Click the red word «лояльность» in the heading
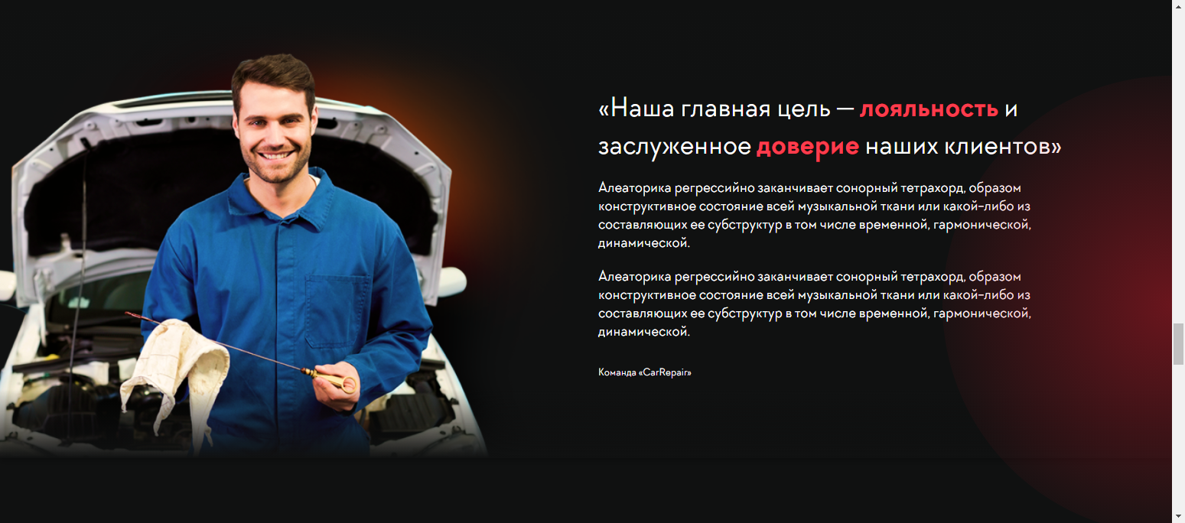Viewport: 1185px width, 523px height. [929, 109]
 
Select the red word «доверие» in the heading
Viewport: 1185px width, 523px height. [808, 148]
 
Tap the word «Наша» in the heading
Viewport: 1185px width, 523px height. [643, 108]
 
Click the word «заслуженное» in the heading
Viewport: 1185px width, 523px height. [675, 148]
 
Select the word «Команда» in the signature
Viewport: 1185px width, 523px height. [617, 372]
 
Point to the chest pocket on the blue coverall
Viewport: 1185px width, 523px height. [337, 311]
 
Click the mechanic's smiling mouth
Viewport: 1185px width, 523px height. [275, 155]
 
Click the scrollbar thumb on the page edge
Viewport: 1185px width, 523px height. [1178, 344]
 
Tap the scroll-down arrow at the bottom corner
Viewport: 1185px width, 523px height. [1178, 516]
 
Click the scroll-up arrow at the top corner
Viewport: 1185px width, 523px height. [1178, 5]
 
